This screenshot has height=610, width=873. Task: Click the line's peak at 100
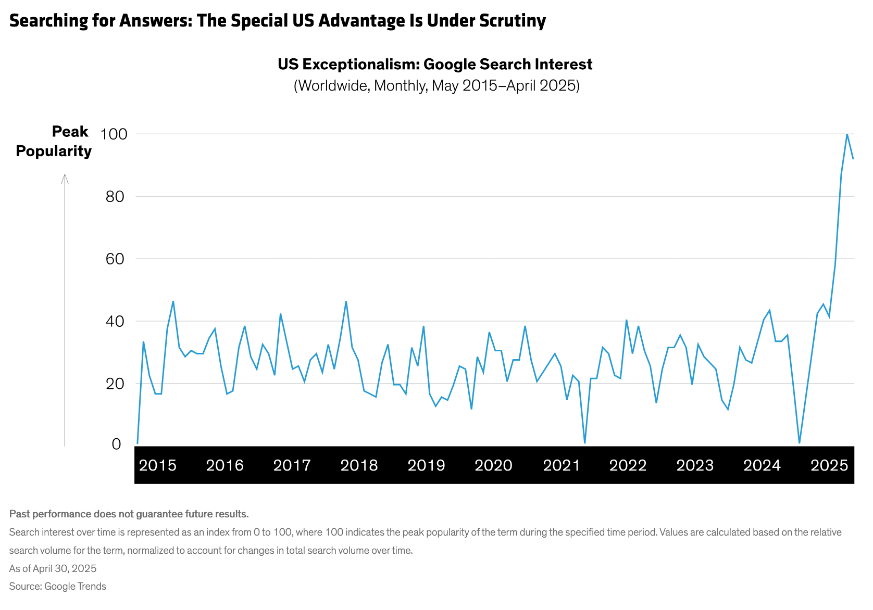click(847, 134)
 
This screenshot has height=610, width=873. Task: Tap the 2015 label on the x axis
click(158, 465)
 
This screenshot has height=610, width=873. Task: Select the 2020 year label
click(493, 465)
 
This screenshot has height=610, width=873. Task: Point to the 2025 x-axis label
click(829, 465)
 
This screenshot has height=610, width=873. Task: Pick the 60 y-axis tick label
click(115, 259)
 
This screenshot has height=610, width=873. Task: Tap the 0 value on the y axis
click(116, 444)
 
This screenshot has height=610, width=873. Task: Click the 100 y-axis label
click(114, 134)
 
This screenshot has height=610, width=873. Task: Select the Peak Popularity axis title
click(54, 141)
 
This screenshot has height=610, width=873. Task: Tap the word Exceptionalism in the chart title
click(363, 65)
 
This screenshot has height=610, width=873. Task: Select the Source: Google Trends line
click(58, 587)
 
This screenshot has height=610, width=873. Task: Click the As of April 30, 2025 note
click(53, 568)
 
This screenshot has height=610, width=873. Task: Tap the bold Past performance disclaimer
click(129, 514)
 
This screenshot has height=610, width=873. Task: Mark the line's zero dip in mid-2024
click(799, 443)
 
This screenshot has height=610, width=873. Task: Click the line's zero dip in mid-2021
click(585, 443)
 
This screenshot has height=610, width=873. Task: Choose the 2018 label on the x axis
click(359, 465)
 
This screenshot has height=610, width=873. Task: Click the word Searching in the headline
click(49, 21)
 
